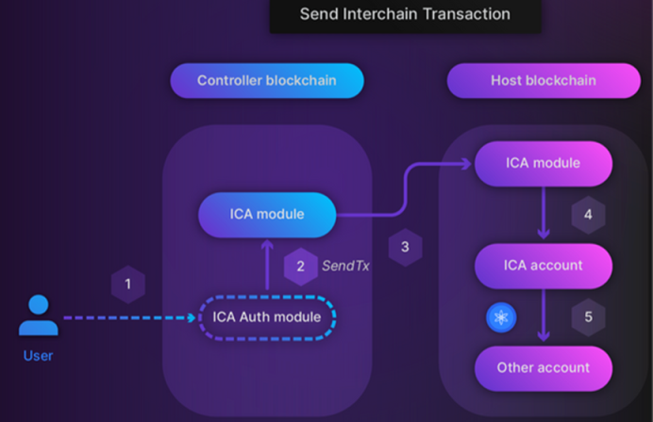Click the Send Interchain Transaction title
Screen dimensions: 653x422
405,14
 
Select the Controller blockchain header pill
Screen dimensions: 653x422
267,81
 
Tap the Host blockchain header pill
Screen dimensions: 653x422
544,81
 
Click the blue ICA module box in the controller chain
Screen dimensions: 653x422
267,215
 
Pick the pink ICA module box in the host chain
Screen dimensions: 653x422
544,163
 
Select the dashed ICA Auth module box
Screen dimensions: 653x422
267,317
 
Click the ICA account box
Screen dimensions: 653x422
544,266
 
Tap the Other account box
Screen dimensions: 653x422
544,368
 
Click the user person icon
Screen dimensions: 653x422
39,315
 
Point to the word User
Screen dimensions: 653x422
39,356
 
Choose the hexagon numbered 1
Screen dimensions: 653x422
128,284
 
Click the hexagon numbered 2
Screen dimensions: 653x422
301,267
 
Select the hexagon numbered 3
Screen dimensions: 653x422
405,247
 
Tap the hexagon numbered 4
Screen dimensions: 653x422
588,215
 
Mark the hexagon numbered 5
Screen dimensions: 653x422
588,317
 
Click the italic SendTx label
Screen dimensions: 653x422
345,266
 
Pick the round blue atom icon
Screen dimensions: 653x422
501,318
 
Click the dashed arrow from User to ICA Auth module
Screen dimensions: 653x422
129,318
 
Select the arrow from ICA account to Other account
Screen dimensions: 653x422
544,316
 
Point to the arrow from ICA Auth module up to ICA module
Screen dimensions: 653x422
267,265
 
